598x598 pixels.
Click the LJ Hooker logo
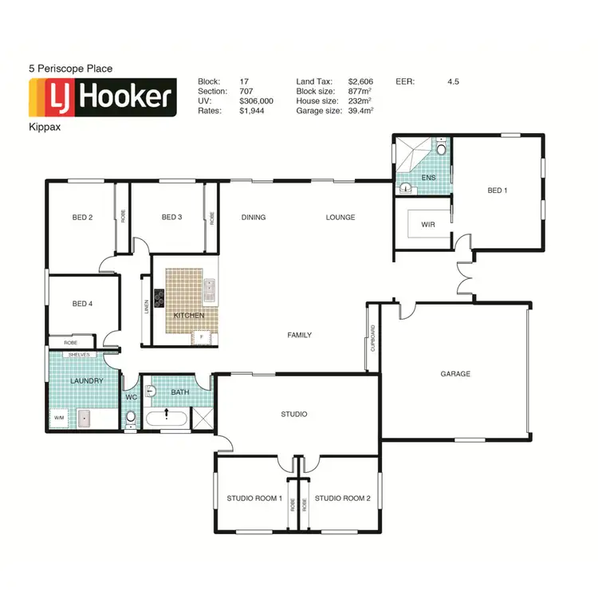pyautogui.click(x=102, y=97)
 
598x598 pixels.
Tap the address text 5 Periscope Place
pyautogui.click(x=69, y=69)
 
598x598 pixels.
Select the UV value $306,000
pyautogui.click(x=256, y=101)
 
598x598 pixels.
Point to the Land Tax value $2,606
pyautogui.click(x=360, y=81)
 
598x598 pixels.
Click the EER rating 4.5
pyautogui.click(x=453, y=81)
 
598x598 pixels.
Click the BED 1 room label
pyautogui.click(x=496, y=191)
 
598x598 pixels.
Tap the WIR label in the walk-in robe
pyautogui.click(x=427, y=225)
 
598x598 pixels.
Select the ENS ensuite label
pyautogui.click(x=428, y=178)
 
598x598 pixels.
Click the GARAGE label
pyautogui.click(x=455, y=373)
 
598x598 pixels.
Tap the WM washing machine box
pyautogui.click(x=58, y=417)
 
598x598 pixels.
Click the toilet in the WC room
pyautogui.click(x=132, y=416)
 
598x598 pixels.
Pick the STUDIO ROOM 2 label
pyautogui.click(x=342, y=498)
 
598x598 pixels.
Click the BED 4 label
pyautogui.click(x=82, y=303)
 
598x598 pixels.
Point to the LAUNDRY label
pyautogui.click(x=86, y=381)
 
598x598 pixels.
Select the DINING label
pyautogui.click(x=254, y=217)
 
